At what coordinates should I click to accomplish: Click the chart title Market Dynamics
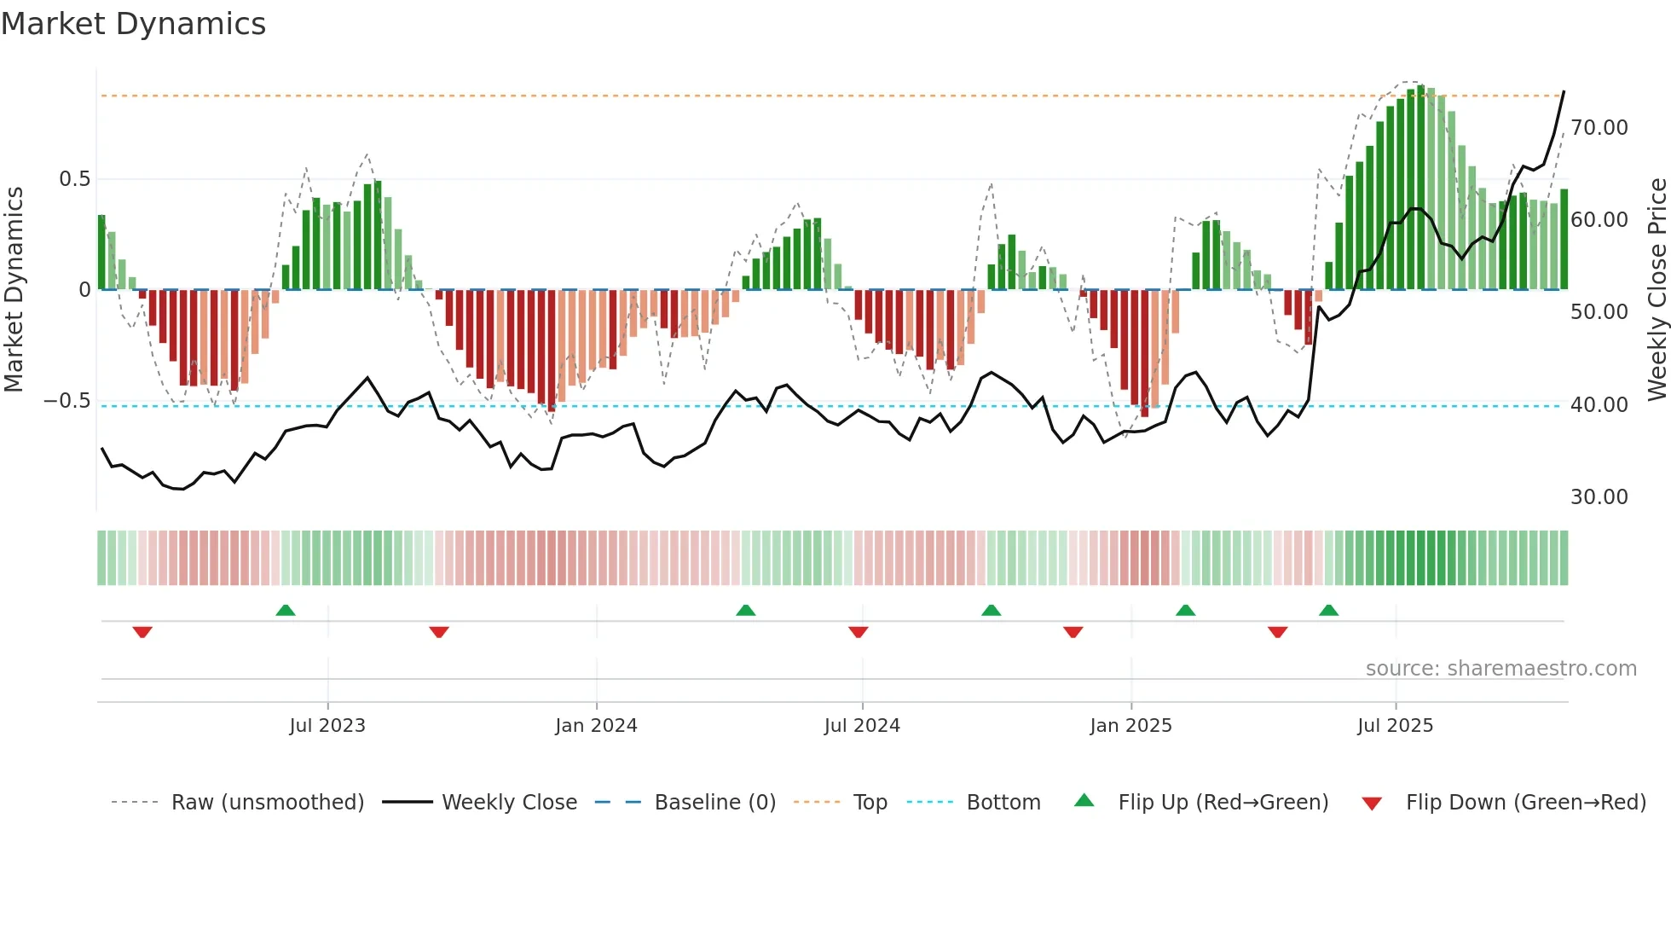133,24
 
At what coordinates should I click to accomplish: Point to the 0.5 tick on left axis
74,179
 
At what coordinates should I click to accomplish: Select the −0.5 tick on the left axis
67,401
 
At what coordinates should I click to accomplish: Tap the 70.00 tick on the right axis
1599,128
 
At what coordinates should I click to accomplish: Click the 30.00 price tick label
1599,497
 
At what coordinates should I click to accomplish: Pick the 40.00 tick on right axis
1599,405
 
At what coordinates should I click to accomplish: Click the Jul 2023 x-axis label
327,726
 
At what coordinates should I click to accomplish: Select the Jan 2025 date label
1130,726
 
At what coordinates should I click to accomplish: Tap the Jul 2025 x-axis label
1395,726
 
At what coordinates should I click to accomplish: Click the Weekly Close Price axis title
1657,290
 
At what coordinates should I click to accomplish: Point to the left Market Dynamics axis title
14,290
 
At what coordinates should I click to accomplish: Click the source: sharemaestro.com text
1500,669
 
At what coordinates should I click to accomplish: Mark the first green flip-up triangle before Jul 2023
286,611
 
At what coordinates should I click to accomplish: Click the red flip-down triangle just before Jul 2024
859,632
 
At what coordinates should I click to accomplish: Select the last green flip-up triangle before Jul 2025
1328,611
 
